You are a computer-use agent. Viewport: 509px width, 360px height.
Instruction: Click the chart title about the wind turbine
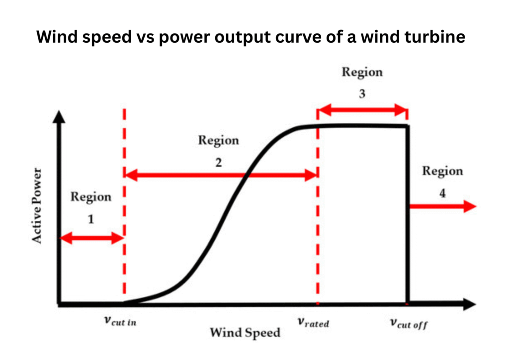click(x=251, y=38)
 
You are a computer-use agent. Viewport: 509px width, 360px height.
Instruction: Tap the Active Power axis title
click(x=37, y=205)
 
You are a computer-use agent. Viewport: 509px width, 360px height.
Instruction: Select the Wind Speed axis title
click(x=245, y=332)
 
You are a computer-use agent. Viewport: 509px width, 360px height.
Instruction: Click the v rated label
click(x=314, y=322)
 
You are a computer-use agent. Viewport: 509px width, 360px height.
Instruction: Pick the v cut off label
click(x=409, y=324)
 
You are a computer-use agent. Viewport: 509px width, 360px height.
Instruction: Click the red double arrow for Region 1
click(x=91, y=238)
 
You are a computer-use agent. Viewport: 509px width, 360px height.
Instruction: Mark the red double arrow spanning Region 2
click(x=220, y=175)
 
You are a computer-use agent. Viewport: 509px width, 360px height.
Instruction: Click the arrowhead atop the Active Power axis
click(x=59, y=117)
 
